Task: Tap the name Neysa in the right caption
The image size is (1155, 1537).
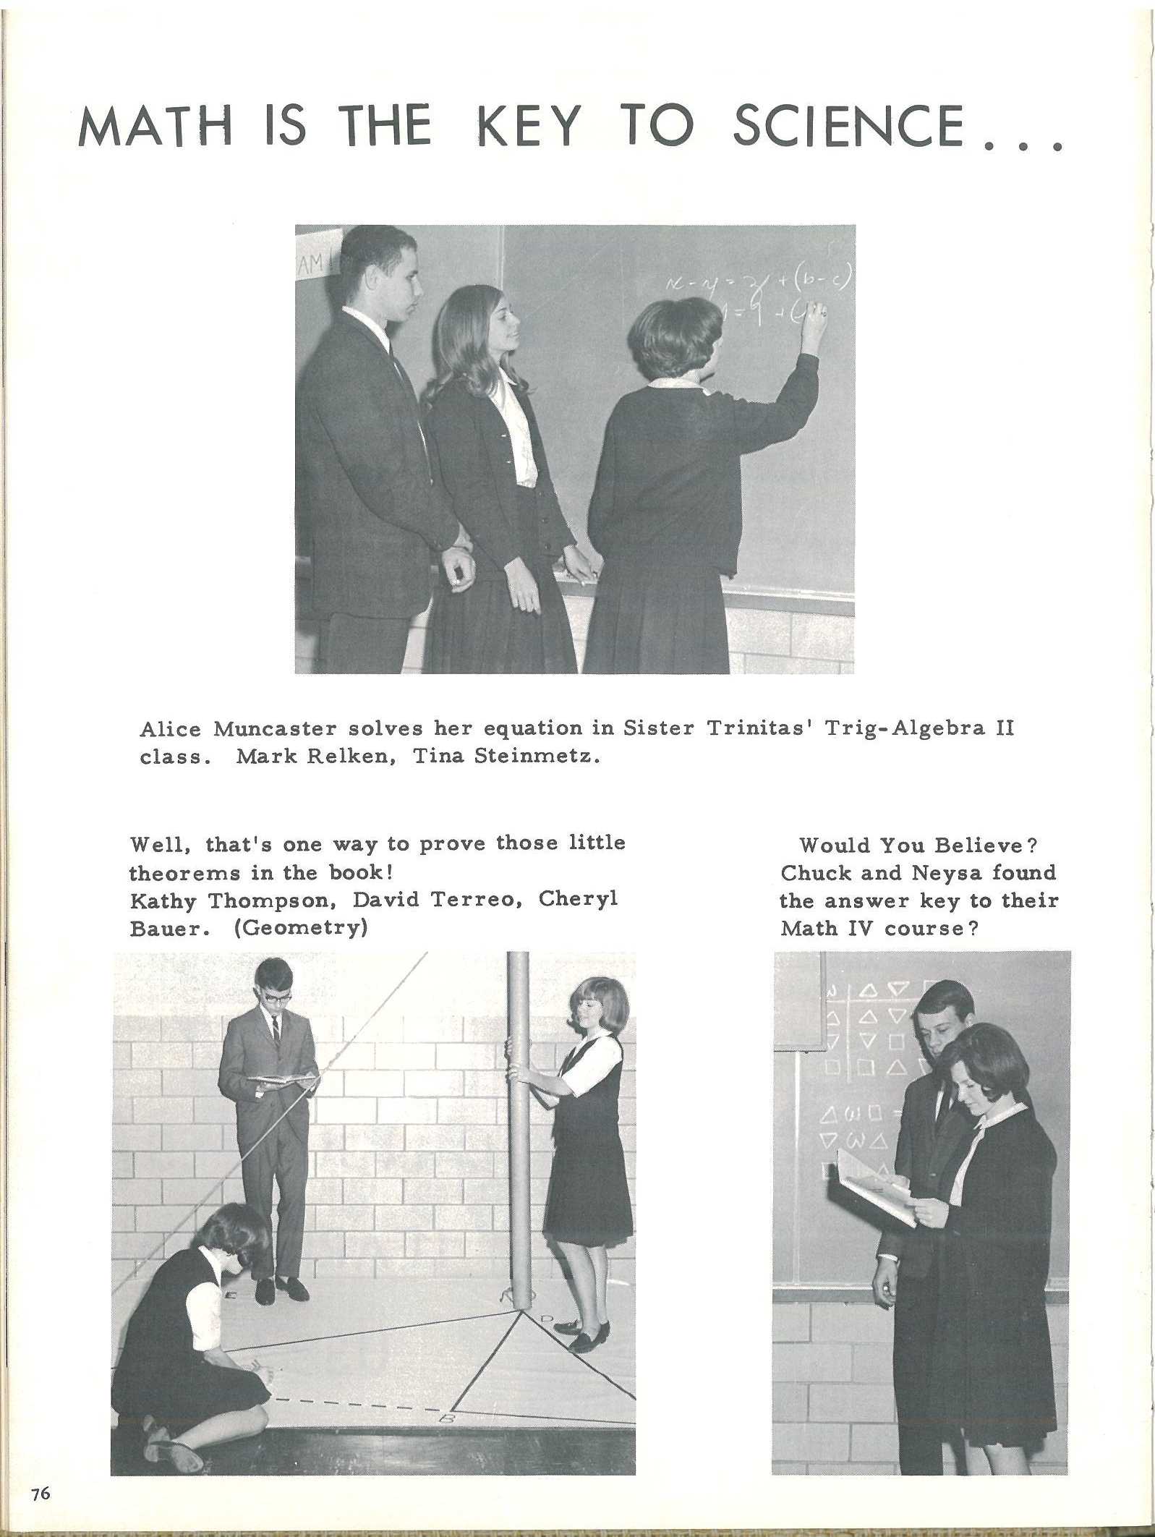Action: pos(947,873)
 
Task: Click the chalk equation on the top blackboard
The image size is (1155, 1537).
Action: pos(752,293)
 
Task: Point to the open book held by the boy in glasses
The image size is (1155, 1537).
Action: pos(282,1081)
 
